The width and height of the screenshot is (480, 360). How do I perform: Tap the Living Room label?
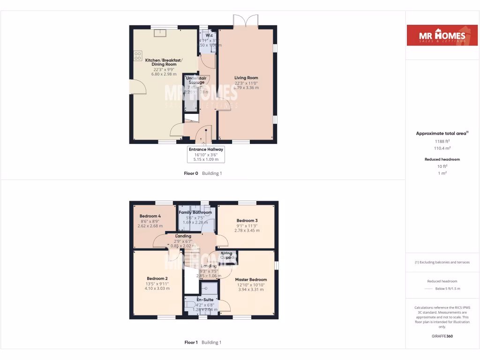[246, 78]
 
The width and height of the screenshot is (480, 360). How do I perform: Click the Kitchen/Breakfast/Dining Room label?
[164, 62]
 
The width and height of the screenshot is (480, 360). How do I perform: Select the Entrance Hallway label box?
[206, 154]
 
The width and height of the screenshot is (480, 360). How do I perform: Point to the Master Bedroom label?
[251, 280]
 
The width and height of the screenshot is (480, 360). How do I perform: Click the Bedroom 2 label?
[157, 278]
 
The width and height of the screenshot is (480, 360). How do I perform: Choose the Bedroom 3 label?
[247, 220]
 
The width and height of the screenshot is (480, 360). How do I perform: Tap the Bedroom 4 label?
[150, 216]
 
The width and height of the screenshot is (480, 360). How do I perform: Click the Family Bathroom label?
[195, 212]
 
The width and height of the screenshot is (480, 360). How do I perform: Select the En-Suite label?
[205, 300]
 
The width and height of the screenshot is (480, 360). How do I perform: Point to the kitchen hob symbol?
[138, 56]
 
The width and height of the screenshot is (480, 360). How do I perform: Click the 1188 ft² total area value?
[442, 141]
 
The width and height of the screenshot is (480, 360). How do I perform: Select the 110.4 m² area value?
[442, 148]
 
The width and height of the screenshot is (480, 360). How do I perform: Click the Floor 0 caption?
[191, 173]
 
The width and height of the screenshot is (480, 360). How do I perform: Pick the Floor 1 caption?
[191, 342]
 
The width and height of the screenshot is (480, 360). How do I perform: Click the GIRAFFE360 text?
[442, 336]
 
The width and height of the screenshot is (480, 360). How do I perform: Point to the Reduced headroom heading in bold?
[442, 159]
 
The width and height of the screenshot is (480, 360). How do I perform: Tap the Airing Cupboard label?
[226, 256]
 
